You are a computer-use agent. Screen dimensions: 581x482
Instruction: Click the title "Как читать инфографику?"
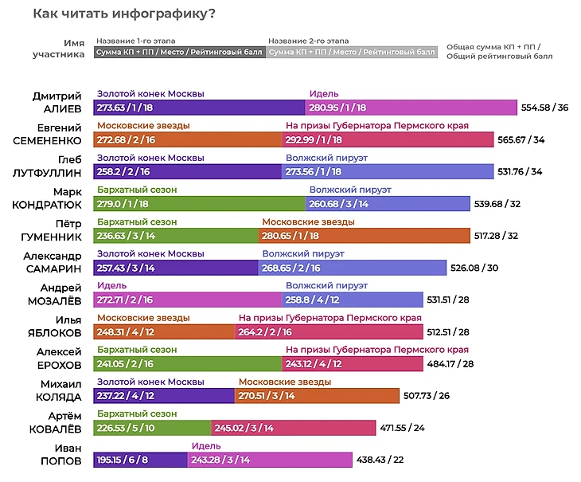[124, 14]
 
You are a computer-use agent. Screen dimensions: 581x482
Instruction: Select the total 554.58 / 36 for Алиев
[544, 108]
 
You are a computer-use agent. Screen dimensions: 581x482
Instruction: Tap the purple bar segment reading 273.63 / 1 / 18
[199, 108]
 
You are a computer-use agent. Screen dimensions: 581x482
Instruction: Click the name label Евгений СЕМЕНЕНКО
[47, 134]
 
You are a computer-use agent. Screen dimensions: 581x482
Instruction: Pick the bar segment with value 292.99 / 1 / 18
[388, 139]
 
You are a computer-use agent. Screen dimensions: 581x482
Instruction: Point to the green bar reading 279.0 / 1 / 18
[199, 203]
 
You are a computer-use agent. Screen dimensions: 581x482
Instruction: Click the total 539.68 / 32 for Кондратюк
[497, 204]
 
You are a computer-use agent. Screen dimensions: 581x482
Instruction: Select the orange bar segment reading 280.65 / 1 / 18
[365, 236]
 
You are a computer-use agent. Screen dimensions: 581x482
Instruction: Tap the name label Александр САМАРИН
[53, 262]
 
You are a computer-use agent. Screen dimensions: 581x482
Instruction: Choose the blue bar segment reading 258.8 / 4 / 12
[353, 300]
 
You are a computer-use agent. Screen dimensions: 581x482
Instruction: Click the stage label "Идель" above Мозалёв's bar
[111, 285]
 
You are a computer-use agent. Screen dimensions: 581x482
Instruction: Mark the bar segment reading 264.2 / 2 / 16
[329, 332]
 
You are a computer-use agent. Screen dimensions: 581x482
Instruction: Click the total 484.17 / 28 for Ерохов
[450, 364]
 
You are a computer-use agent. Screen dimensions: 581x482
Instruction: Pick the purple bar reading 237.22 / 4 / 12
[164, 396]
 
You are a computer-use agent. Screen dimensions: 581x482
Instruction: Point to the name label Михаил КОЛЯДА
[59, 390]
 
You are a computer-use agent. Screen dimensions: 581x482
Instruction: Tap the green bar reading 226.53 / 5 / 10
[152, 428]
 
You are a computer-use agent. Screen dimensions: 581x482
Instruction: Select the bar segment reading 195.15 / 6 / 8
[140, 460]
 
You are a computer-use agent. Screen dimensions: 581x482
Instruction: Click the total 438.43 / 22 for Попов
[380, 460]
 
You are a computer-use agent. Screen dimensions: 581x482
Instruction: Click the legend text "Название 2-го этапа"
[308, 41]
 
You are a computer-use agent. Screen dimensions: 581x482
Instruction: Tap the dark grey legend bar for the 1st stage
[180, 53]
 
